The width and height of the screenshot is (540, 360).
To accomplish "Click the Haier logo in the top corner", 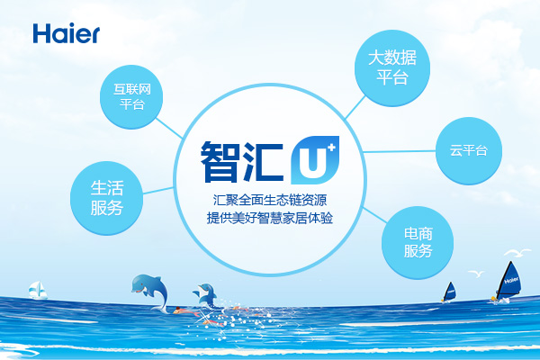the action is pos(67,33).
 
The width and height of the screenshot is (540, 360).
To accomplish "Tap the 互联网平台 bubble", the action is pos(131,97).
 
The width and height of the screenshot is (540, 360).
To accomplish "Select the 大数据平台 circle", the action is pos(392,67).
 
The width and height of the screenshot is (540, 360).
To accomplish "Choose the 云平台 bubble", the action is pos(469,150).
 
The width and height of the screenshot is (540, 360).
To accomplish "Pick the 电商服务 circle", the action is pos(418,242).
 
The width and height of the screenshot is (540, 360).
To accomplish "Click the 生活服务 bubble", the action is pos(106,198).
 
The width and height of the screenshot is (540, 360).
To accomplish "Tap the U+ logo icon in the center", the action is pos(315,160).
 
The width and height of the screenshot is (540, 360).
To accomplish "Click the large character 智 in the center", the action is pos(220,161).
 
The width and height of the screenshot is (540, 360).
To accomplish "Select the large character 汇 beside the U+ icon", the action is pos(263,161).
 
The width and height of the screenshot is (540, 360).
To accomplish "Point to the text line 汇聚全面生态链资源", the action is pos(270,200).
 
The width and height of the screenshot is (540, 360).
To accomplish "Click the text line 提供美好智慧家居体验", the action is pos(270,218).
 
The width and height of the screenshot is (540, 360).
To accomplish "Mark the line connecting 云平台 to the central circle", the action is pos(400,151).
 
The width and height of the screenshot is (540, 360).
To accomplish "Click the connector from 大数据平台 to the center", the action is pos(355,107).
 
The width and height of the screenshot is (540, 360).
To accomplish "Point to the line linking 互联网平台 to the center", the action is pos(169,128).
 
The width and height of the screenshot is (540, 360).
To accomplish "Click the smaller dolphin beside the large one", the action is pos(206,295).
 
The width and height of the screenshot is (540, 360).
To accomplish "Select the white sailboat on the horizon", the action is pos(38,290).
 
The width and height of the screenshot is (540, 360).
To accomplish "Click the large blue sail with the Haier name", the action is pos(509,280).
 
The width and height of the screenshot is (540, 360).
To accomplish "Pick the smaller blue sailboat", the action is pos(449,292).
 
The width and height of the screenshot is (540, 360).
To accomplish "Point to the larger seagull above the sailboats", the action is pos(517,253).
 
